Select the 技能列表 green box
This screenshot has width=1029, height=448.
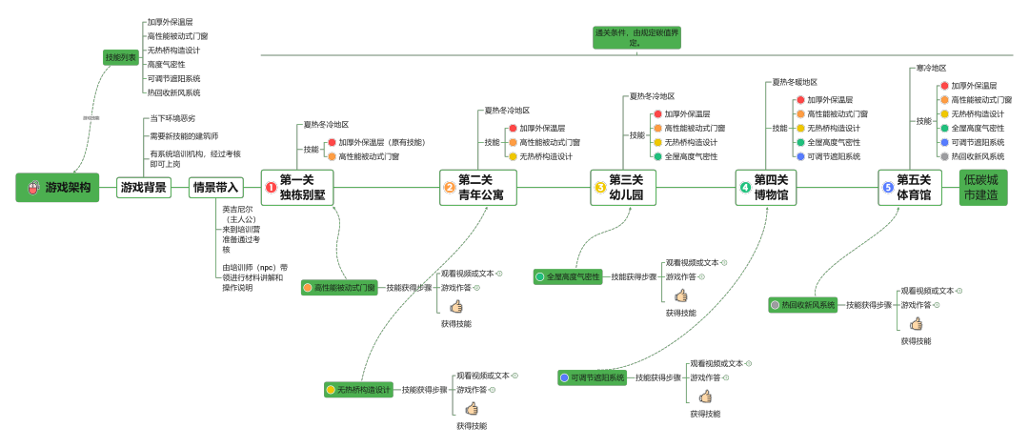[x=121, y=58]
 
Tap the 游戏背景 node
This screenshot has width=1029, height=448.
[x=144, y=188]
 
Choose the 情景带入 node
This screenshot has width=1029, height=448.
[x=215, y=188]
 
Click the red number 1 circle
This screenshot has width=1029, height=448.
[x=272, y=188]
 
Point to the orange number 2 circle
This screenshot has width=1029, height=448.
[x=450, y=188]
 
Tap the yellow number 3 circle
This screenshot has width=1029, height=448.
[x=600, y=188]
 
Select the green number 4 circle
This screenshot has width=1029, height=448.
[x=745, y=188]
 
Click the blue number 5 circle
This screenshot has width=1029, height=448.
[x=889, y=188]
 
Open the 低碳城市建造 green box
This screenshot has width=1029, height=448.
[x=982, y=188]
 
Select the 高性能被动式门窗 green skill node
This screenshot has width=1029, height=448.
[x=338, y=287]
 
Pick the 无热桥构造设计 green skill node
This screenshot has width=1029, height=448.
[x=358, y=390]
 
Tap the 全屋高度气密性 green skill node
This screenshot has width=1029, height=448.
[x=569, y=276]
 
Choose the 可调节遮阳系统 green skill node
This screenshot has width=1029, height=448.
[x=593, y=377]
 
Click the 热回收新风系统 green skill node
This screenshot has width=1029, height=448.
[x=803, y=305]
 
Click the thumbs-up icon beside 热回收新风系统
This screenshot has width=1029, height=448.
[x=916, y=324]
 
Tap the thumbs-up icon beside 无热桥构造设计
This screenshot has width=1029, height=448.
[x=471, y=408]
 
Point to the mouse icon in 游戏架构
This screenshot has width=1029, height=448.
[x=33, y=188]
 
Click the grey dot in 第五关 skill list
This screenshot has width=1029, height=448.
[x=944, y=156]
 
